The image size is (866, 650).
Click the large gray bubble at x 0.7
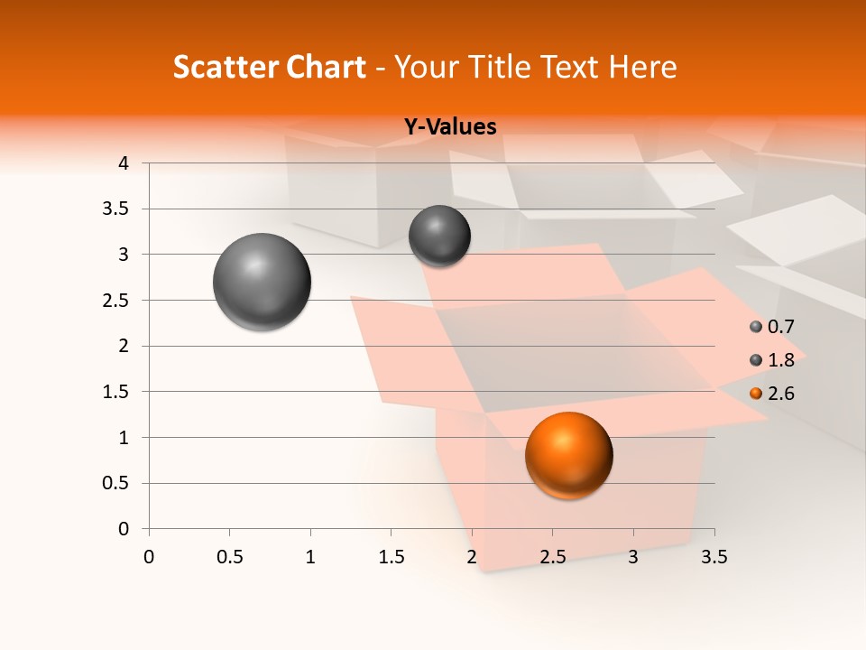point(262,282)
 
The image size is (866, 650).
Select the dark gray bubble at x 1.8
point(439,236)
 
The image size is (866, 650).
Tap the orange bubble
point(568,455)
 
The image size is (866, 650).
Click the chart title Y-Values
point(450,127)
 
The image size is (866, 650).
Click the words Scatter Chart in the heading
point(270,67)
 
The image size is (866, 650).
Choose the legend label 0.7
point(780,327)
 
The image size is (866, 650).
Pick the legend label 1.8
point(780,360)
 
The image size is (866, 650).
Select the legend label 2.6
point(780,394)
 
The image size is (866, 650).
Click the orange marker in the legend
point(756,394)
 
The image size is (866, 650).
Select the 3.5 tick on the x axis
point(714,557)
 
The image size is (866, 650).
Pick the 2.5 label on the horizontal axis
point(552,557)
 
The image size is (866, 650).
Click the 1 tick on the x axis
point(310,557)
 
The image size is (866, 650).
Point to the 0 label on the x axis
point(149,557)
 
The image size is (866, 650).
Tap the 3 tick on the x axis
point(633,557)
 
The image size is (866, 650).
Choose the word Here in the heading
point(642,67)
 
